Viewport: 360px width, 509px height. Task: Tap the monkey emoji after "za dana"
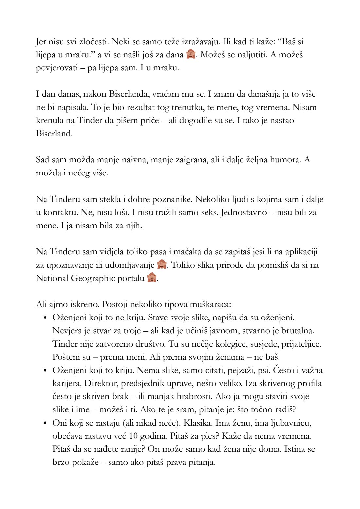(x=190, y=54)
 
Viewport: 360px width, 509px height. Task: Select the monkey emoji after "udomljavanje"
(x=162, y=264)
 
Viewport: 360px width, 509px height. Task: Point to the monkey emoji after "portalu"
(x=152, y=278)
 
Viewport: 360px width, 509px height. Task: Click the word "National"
(x=52, y=278)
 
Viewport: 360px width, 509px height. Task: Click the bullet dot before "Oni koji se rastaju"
(x=45, y=423)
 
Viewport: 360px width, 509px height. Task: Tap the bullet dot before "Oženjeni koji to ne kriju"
(x=45, y=318)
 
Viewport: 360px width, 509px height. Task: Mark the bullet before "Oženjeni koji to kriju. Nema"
(x=45, y=371)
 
